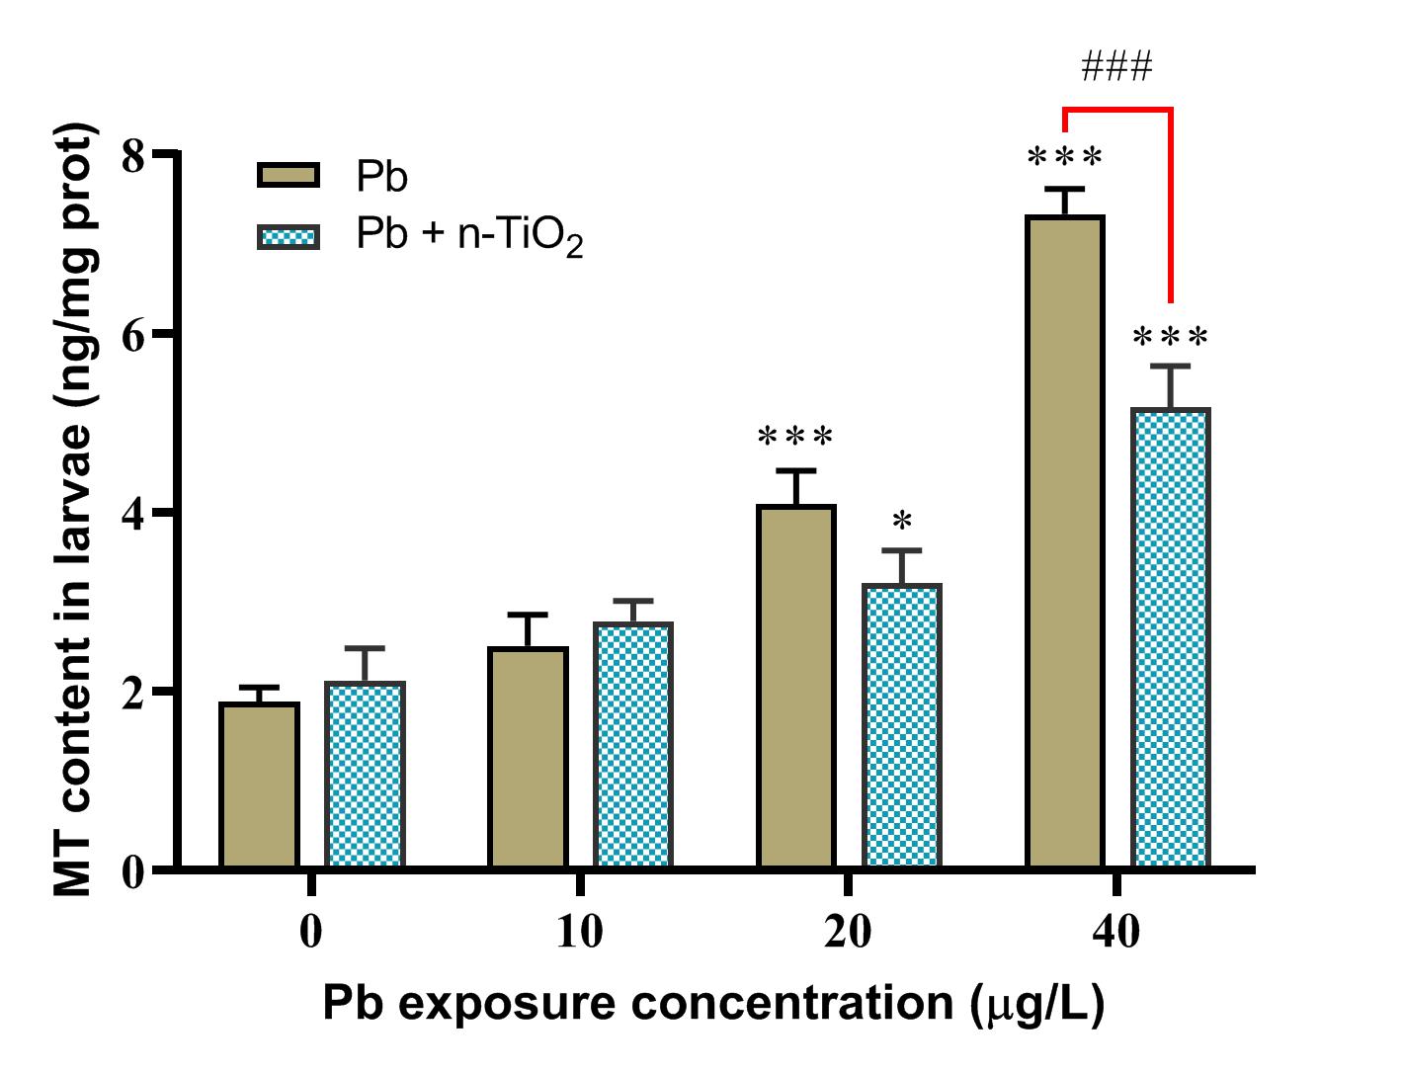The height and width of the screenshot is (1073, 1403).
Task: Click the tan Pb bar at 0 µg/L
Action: pyautogui.click(x=259, y=785)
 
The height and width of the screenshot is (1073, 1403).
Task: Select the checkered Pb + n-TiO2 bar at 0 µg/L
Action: pyautogui.click(x=366, y=776)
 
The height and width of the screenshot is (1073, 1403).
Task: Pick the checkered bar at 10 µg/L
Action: pyautogui.click(x=633, y=746)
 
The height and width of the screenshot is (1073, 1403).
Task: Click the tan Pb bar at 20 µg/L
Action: pyautogui.click(x=796, y=687)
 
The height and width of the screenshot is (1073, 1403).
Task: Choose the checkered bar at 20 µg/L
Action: pyautogui.click(x=902, y=726)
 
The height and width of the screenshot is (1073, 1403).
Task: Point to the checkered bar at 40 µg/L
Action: pyautogui.click(x=1171, y=638)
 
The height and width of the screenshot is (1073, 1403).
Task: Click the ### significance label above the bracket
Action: pyautogui.click(x=1116, y=68)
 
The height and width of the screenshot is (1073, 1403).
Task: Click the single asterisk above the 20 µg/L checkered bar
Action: pyautogui.click(x=901, y=521)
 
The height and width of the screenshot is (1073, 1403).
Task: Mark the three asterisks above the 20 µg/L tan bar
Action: pyautogui.click(x=795, y=436)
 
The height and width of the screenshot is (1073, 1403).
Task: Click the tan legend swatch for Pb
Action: pyautogui.click(x=289, y=176)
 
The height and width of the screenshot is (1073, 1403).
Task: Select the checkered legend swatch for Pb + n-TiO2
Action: pyautogui.click(x=289, y=237)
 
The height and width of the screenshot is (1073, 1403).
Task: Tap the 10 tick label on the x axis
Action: pyautogui.click(x=580, y=932)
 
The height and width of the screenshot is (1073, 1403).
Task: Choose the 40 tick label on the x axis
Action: pyautogui.click(x=1117, y=932)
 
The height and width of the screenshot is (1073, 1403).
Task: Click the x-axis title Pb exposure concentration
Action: pyautogui.click(x=712, y=1004)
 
